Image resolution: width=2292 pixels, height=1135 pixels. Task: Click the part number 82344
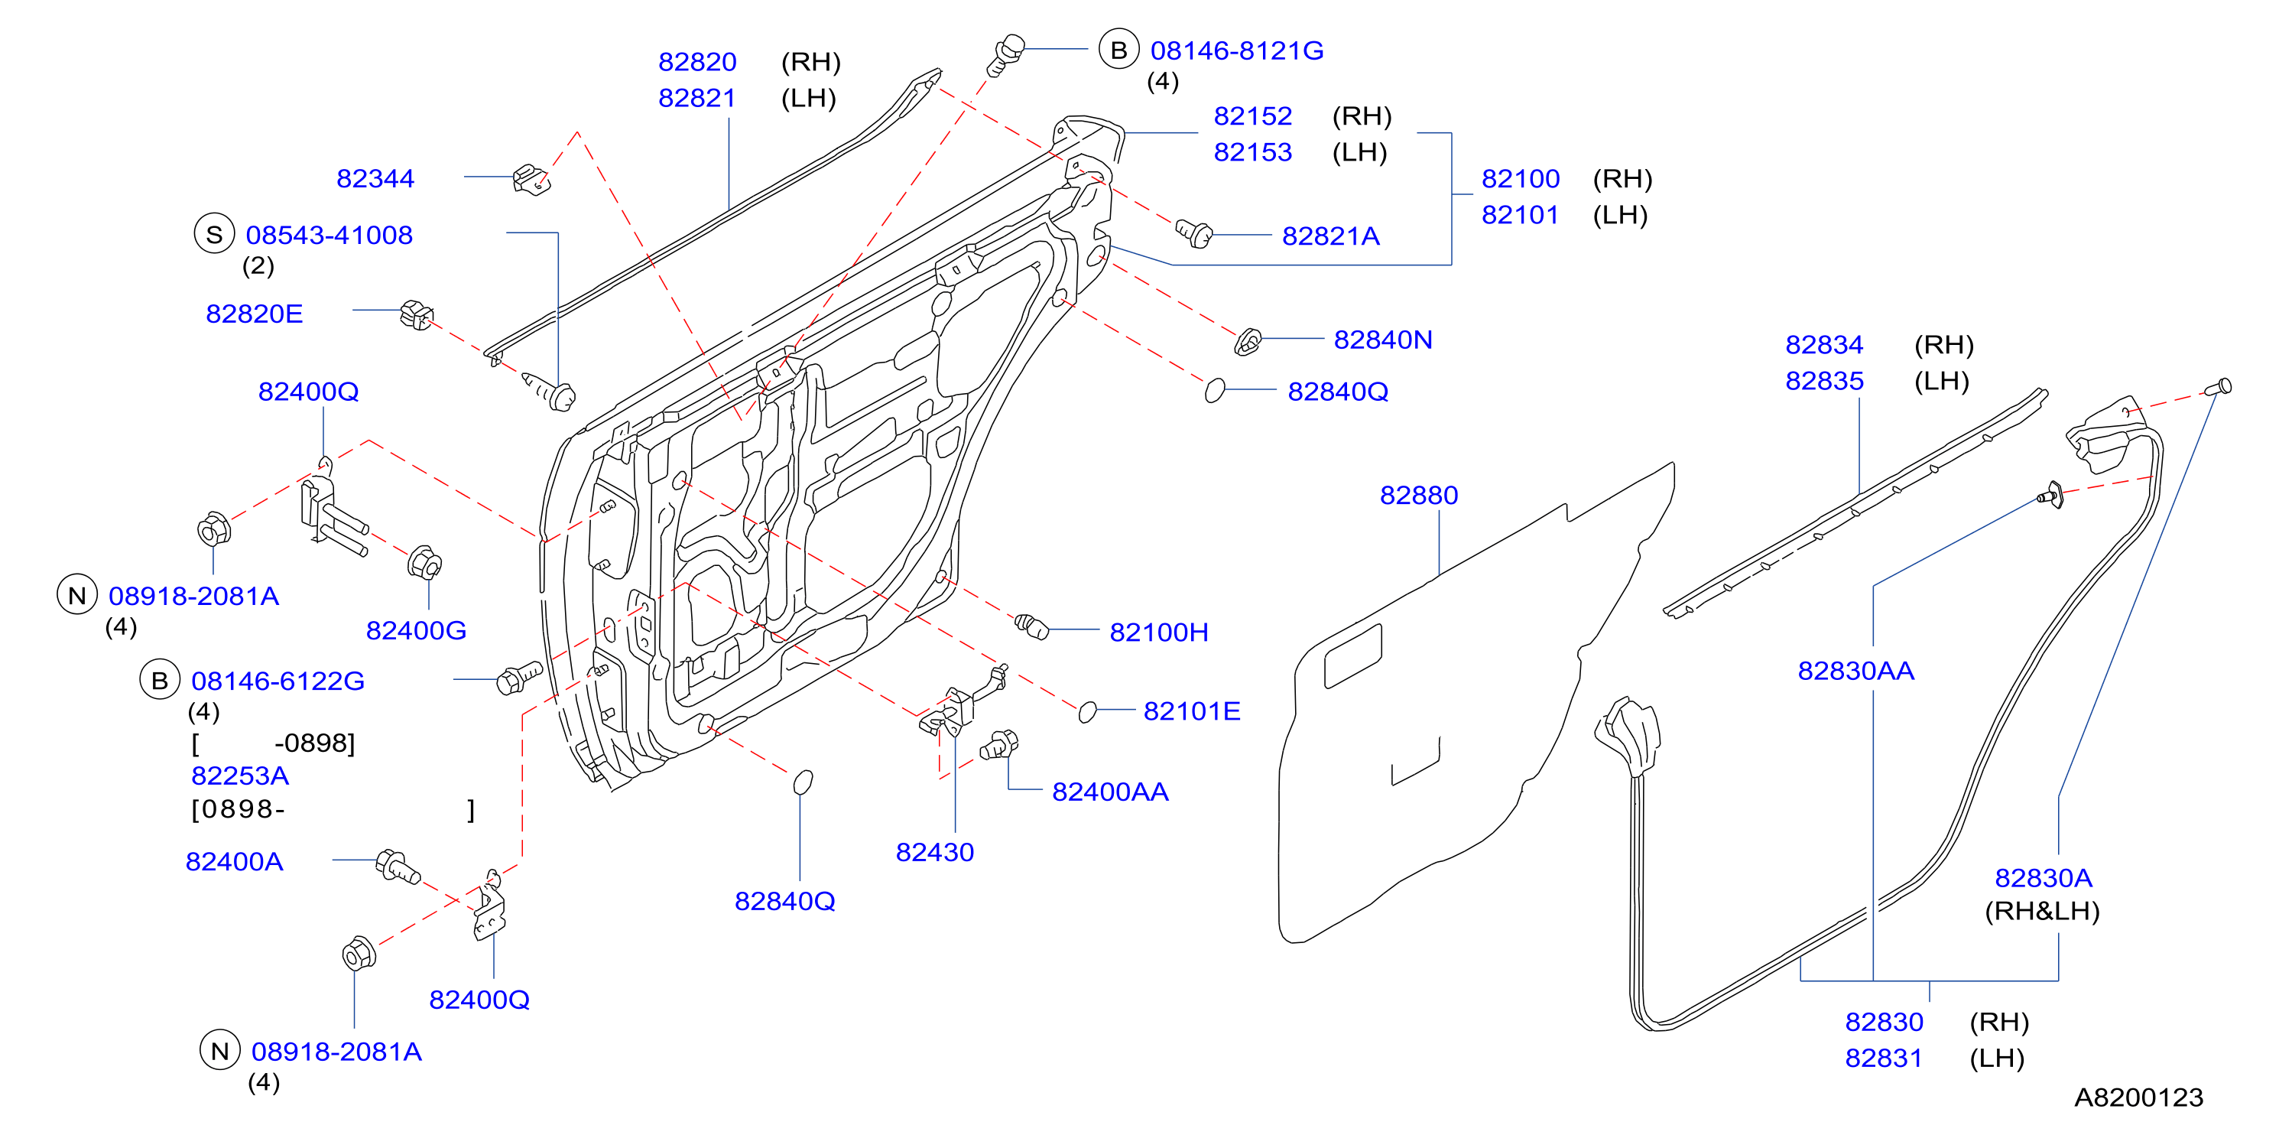click(x=375, y=179)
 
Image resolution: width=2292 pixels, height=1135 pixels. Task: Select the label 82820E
click(x=255, y=314)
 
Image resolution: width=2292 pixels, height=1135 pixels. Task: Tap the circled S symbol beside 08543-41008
click(x=214, y=234)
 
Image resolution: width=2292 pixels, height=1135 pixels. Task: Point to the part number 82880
click(x=1418, y=496)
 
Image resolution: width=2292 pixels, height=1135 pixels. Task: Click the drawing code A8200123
click(x=2139, y=1098)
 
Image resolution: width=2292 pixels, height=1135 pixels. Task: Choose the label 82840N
click(x=1383, y=340)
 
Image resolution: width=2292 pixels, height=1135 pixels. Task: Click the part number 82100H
click(x=1158, y=633)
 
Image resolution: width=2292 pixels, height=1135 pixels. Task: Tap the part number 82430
click(x=934, y=853)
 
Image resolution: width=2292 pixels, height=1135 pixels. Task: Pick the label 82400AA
click(x=1109, y=792)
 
